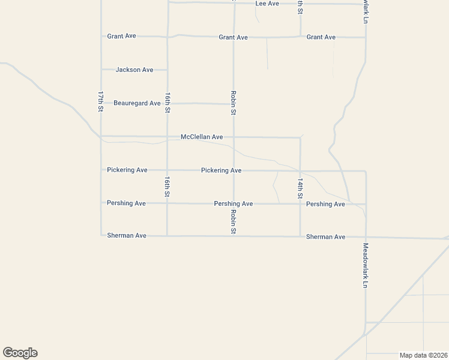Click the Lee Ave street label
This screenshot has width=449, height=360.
[x=267, y=4]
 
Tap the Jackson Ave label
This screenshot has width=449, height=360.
[x=134, y=70]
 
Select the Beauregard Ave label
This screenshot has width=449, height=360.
[x=137, y=103]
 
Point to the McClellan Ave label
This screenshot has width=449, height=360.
[x=202, y=137]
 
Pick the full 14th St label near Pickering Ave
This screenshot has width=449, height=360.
[x=300, y=188]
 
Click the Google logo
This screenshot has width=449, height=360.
[x=20, y=353]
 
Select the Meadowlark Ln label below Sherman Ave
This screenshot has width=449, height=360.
[x=365, y=265]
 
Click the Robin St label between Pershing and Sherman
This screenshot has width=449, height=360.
[x=234, y=221]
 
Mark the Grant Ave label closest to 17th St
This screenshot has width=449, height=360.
[x=122, y=36]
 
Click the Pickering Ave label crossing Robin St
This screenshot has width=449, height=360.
[x=221, y=170]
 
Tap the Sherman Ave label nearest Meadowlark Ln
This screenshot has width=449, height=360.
[x=326, y=237]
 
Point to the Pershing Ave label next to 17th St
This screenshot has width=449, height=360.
[x=126, y=203]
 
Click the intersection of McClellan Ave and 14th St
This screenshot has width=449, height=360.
[x=300, y=137]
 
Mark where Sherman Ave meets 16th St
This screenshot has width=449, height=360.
[x=167, y=236]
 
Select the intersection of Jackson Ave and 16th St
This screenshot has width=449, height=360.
[x=167, y=70]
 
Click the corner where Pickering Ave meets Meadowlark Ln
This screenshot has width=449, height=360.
[x=365, y=171]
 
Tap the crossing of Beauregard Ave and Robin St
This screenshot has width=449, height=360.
[x=234, y=104]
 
